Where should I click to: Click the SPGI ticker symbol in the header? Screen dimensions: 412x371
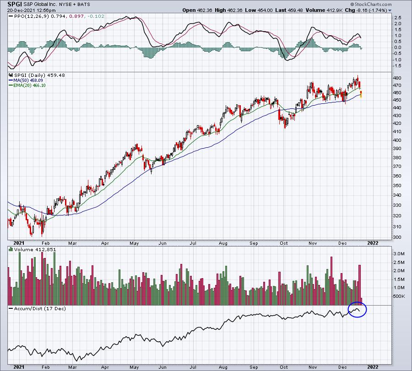pos(15,4)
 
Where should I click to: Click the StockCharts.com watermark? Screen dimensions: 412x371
pos(371,4)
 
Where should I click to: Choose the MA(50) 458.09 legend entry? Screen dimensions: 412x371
pos(28,81)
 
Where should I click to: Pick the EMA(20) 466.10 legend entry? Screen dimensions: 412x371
pos(29,86)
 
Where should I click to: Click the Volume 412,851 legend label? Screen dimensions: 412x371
pos(35,249)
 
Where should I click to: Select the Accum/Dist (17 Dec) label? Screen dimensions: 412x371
pos(40,308)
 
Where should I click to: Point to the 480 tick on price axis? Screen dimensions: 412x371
pos(397,78)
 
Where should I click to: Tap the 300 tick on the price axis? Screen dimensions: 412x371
pos(397,237)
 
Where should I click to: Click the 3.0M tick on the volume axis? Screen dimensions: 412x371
pos(399,253)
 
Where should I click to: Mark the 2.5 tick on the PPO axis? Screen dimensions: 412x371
pos(398,17)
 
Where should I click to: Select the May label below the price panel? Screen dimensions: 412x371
pos(134,243)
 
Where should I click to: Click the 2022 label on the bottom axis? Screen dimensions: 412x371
pos(373,367)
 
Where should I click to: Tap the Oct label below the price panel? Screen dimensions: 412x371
pos(284,243)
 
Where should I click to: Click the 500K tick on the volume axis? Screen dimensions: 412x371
pos(399,296)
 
